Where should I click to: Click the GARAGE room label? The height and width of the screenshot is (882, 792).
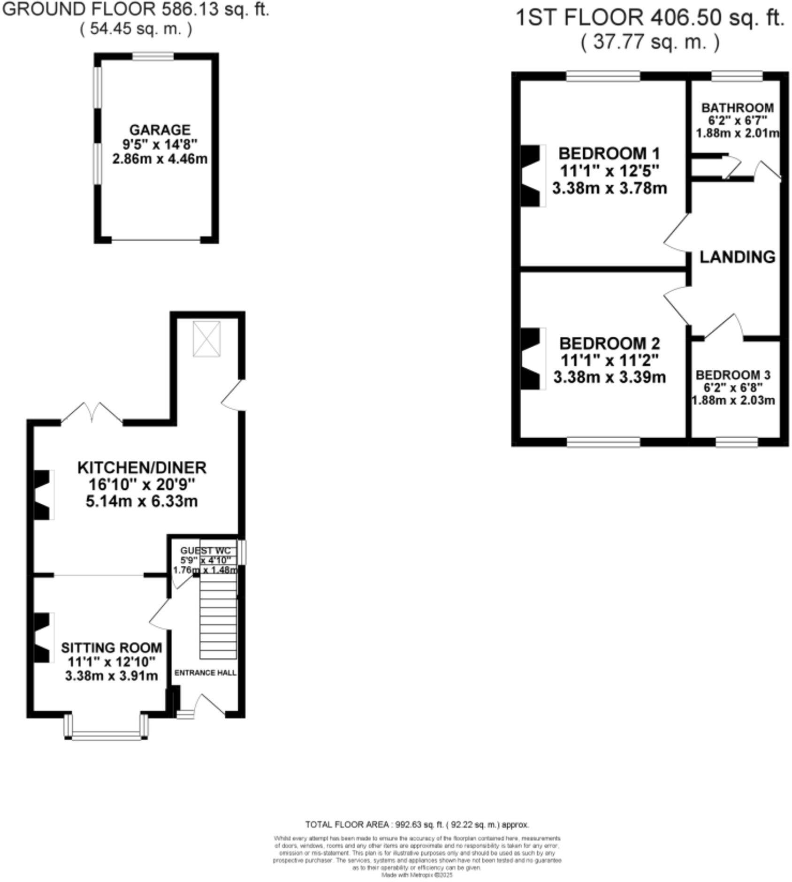click(160, 129)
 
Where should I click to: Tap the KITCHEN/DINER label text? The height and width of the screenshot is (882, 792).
click(142, 467)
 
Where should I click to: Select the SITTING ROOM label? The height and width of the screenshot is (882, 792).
click(111, 647)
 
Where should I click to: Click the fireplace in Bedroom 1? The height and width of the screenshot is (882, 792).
click(532, 175)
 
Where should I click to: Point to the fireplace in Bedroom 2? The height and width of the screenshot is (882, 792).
click(532, 358)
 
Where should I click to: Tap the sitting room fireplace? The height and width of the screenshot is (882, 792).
click(42, 637)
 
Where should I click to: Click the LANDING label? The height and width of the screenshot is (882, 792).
click(737, 257)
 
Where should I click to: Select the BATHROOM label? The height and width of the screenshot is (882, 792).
click(737, 108)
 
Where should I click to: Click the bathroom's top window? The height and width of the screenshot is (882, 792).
click(737, 76)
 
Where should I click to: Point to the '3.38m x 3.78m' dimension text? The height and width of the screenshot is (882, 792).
click(609, 188)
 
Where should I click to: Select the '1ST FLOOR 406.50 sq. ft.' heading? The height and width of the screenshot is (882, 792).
click(650, 18)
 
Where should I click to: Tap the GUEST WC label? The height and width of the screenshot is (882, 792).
click(205, 550)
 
